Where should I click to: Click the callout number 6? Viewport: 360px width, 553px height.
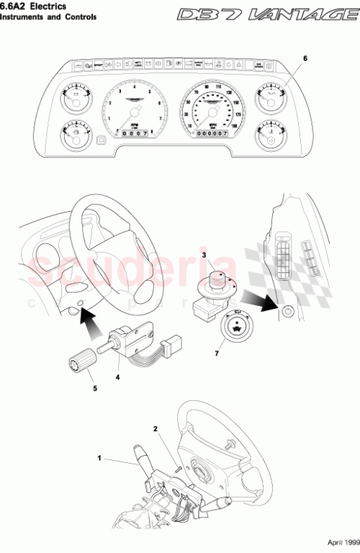pyautogui.click(x=305, y=57)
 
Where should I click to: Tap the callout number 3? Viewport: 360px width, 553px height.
pyautogui.click(x=204, y=255)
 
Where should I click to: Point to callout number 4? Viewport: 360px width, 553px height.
pyautogui.click(x=118, y=376)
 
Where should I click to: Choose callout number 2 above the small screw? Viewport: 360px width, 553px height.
pyautogui.click(x=155, y=428)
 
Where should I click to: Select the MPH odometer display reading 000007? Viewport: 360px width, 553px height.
pyautogui.click(x=211, y=132)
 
